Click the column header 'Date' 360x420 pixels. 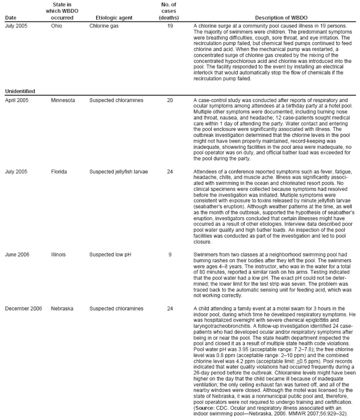10,18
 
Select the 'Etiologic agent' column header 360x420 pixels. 111,18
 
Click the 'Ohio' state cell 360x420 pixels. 56,26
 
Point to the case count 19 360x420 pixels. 170,26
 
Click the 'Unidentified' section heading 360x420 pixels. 20,91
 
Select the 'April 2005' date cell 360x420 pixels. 17,100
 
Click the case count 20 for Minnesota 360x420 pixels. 170,100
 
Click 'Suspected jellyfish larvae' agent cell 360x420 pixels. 119,171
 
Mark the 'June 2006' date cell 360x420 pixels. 17,254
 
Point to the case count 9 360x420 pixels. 170,254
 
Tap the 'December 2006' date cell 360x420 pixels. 24,308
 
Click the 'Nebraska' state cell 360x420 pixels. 62,308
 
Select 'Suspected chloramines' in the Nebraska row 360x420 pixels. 116,308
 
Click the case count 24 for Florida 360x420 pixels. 170,171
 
